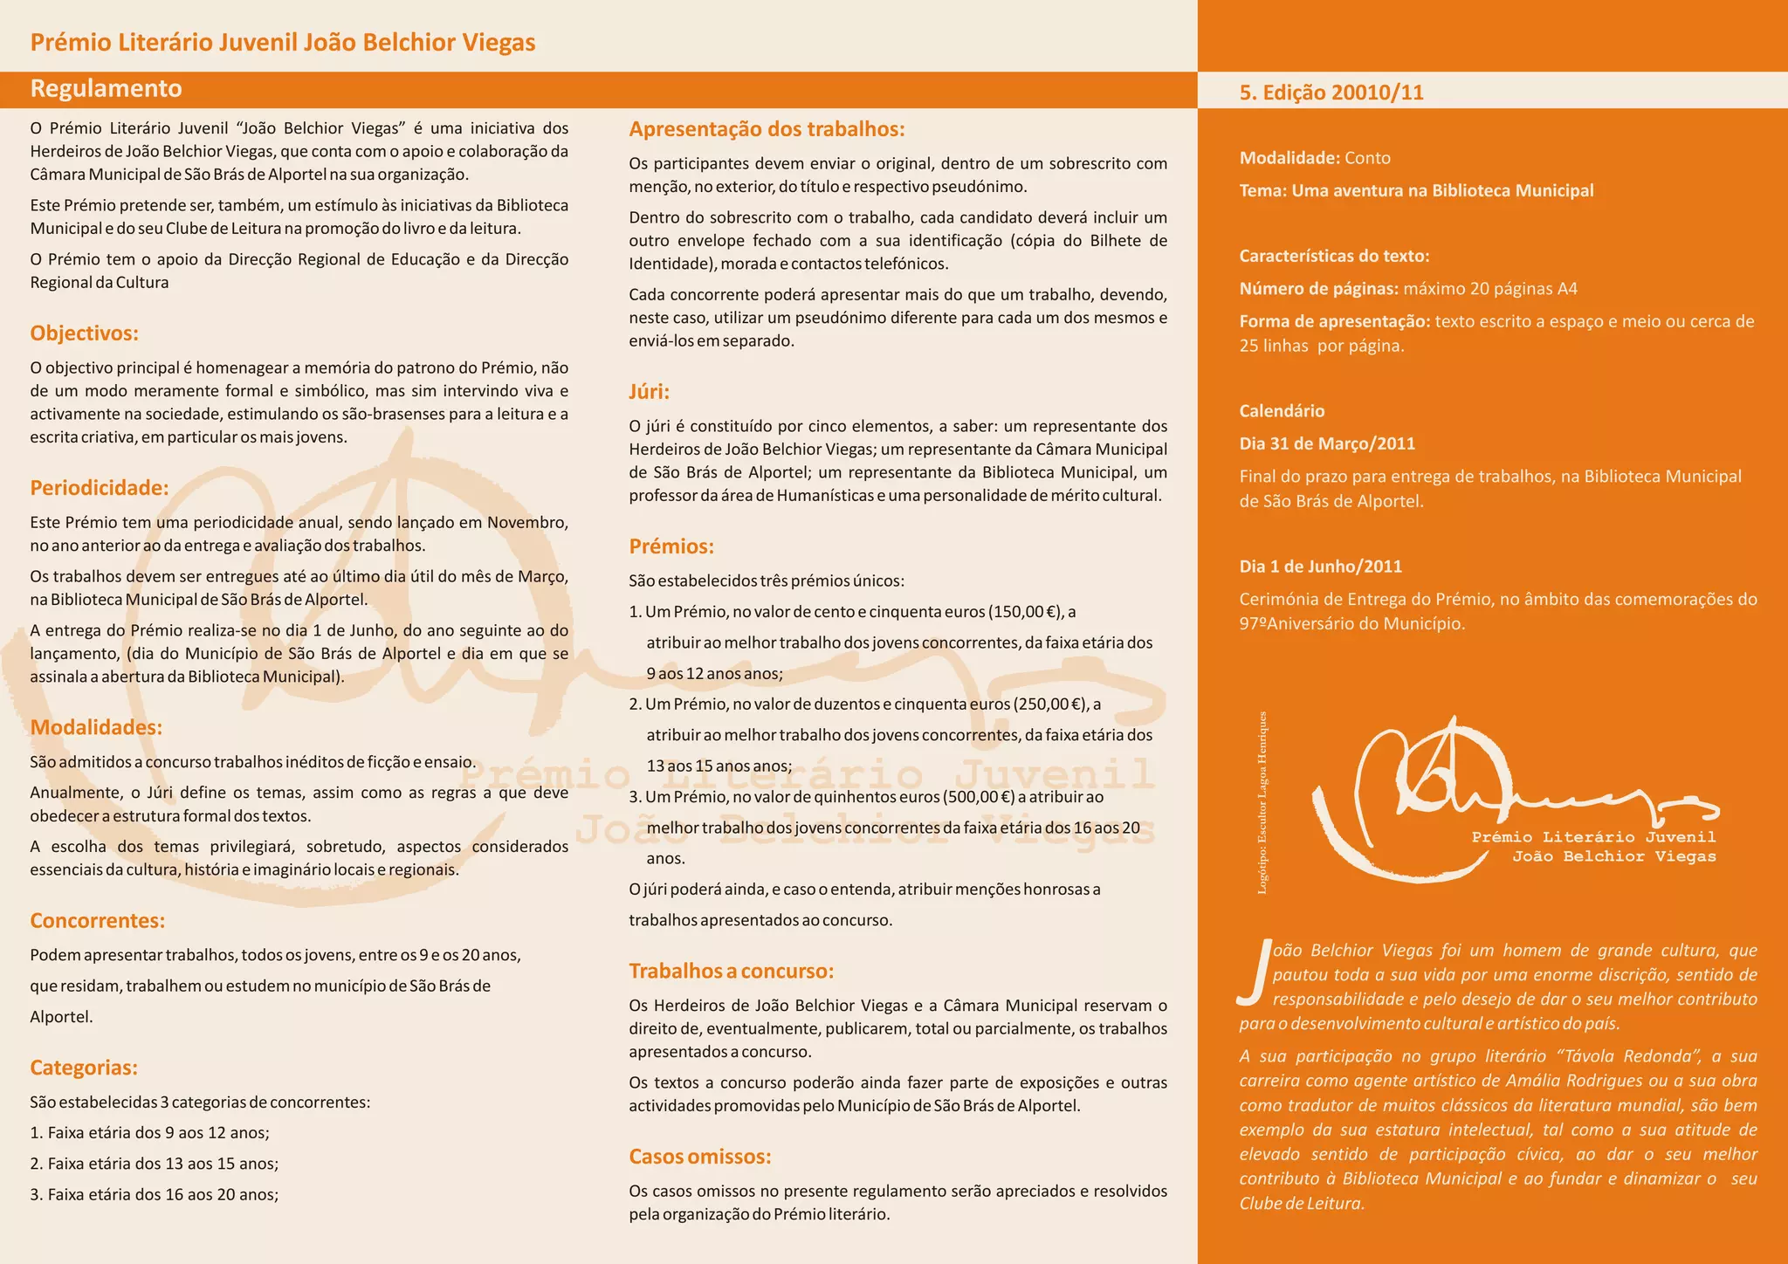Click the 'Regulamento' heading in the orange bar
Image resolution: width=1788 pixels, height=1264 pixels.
(x=106, y=89)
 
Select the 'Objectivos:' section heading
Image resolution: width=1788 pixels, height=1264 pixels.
(x=85, y=333)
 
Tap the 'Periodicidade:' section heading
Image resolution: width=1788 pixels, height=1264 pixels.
(x=100, y=488)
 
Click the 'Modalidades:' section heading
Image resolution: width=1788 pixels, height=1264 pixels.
(x=96, y=727)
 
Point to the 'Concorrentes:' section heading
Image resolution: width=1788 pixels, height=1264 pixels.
(x=98, y=921)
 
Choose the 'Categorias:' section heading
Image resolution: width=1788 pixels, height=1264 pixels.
(x=84, y=1068)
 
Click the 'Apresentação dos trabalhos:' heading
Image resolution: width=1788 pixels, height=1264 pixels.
(x=767, y=129)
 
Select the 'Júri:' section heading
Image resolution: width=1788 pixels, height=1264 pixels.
(x=649, y=392)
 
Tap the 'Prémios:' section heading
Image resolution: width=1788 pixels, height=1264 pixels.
(x=671, y=546)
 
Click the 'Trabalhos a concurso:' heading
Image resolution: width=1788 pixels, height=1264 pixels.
(x=732, y=972)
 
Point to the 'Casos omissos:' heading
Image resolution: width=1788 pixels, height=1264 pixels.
(x=700, y=1157)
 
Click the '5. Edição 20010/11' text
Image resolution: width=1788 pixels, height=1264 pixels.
(x=1331, y=93)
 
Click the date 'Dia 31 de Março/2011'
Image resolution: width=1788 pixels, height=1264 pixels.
(x=1327, y=443)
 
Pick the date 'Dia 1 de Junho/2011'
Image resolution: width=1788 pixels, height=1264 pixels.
(x=1320, y=567)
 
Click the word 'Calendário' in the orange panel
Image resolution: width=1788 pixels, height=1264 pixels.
(x=1282, y=411)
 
